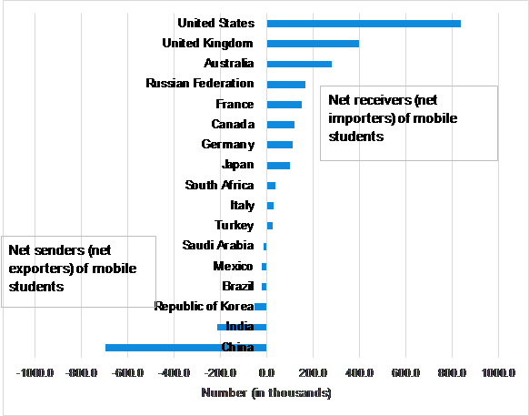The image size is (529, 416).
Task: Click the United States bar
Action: click(x=364, y=24)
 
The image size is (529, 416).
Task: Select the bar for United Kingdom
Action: click(x=313, y=44)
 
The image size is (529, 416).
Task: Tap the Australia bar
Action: click(x=299, y=64)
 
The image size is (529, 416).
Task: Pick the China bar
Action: click(x=186, y=348)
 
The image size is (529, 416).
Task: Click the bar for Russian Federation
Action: click(x=286, y=84)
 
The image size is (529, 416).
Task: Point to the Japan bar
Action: click(x=278, y=166)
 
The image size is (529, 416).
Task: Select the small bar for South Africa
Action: click(x=271, y=186)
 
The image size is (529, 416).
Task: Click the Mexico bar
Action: click(x=264, y=267)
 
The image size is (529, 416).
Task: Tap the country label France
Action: click(x=235, y=104)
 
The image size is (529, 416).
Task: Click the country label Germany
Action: click(x=228, y=145)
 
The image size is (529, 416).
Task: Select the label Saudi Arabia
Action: click(x=218, y=246)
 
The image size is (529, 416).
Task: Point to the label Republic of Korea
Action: click(x=205, y=306)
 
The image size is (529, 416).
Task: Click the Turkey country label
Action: click(x=235, y=226)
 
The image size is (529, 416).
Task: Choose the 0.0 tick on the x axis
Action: click(x=266, y=372)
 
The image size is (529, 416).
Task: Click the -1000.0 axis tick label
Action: click(x=35, y=372)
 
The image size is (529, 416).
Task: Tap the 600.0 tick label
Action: click(x=405, y=372)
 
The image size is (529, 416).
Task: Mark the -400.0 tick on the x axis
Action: click(x=175, y=372)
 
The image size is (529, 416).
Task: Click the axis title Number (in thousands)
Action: click(x=266, y=392)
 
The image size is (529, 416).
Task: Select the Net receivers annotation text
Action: click(x=393, y=118)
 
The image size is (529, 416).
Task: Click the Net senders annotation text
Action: click(x=73, y=269)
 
